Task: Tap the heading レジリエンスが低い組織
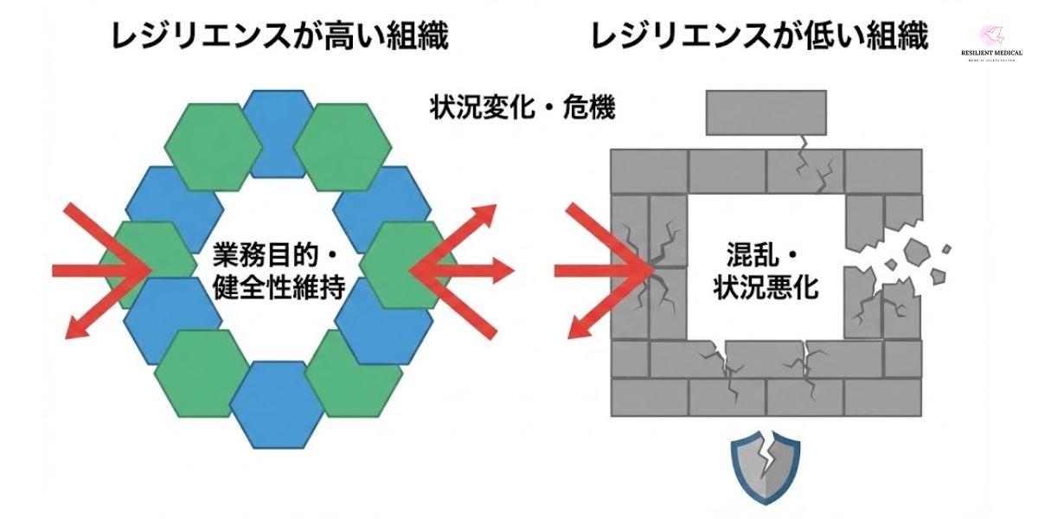(x=759, y=35)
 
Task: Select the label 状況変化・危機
(x=522, y=108)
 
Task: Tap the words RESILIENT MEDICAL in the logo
(x=991, y=54)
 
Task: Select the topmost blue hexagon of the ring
(x=277, y=125)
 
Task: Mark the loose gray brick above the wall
(x=766, y=112)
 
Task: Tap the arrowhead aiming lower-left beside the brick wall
(x=575, y=329)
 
